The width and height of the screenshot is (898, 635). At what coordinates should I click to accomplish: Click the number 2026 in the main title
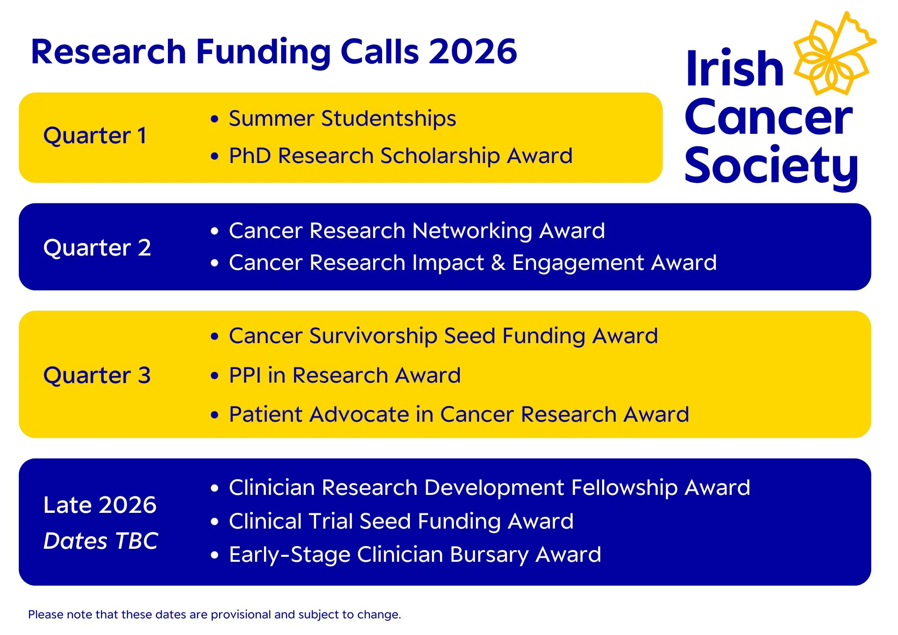coord(472,52)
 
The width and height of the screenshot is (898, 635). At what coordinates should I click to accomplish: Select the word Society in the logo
coord(770,166)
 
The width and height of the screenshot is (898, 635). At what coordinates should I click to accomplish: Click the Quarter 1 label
coord(95,136)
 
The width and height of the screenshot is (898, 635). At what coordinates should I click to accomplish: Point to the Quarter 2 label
coord(97,248)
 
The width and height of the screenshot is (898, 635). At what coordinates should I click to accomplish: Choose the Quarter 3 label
coord(97,375)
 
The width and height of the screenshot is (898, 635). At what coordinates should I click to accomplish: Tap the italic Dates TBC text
coord(101,541)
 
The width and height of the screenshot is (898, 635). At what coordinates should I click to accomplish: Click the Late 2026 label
coord(100,505)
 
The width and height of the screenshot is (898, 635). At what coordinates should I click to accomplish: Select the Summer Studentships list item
coord(342,119)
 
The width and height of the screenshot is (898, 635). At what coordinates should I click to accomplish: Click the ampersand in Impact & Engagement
coord(498,263)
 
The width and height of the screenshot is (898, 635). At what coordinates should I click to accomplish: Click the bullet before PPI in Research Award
coord(215,376)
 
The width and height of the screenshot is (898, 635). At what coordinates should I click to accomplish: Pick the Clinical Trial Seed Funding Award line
coord(401,522)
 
